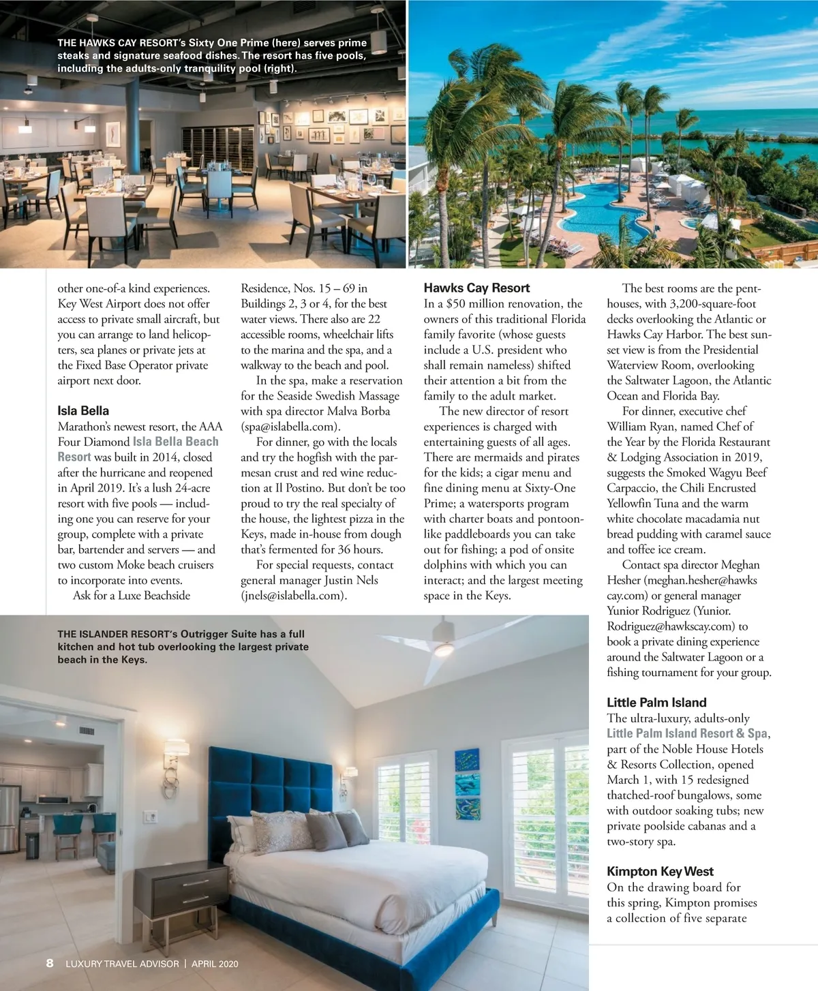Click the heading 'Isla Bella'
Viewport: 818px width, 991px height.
pyautogui.click(x=83, y=411)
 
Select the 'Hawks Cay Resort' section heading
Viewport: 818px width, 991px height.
pyautogui.click(x=476, y=288)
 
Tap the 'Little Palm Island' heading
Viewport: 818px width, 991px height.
pyautogui.click(x=656, y=703)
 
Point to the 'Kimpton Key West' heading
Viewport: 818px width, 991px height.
pyautogui.click(x=660, y=872)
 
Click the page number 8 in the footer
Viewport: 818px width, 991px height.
pyautogui.click(x=50, y=963)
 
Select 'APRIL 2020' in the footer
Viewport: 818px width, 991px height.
pyautogui.click(x=215, y=964)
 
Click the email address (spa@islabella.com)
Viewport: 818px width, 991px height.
pyautogui.click(x=289, y=427)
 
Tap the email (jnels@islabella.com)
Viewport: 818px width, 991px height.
pyautogui.click(x=292, y=596)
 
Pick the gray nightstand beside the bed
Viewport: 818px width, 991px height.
pyautogui.click(x=181, y=893)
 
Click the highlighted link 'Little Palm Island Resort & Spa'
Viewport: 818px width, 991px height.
pyautogui.click(x=687, y=733)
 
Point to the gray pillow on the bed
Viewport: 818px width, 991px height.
pyautogui.click(x=326, y=832)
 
